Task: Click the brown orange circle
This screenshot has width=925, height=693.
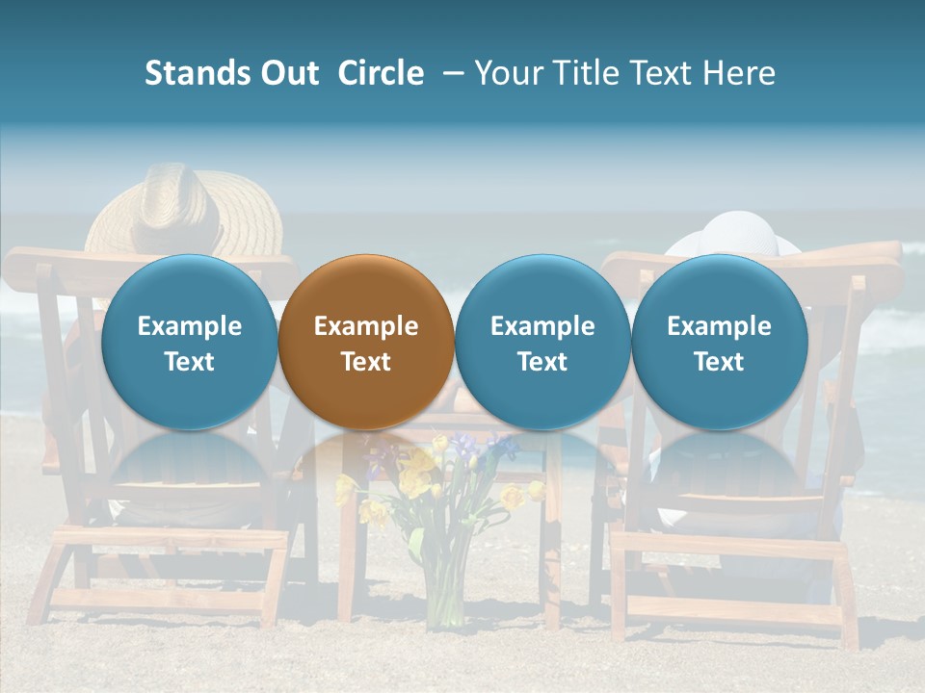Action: pos(366,342)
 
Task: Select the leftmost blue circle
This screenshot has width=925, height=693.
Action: pos(190,342)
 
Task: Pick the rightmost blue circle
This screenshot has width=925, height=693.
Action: pos(719,342)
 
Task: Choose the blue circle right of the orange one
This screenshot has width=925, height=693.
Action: pos(542,342)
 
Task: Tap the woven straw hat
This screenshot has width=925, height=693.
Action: pos(183,208)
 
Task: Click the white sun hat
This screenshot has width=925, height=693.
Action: pos(738,236)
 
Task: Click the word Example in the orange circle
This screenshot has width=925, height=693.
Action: pos(366,326)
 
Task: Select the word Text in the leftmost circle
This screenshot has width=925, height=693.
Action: pos(190,362)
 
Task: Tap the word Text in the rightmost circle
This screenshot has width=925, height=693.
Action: pos(719,362)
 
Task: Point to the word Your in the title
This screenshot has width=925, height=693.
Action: pos(508,73)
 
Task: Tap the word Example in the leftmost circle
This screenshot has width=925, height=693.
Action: pos(190,326)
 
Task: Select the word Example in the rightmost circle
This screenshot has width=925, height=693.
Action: pos(719,326)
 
